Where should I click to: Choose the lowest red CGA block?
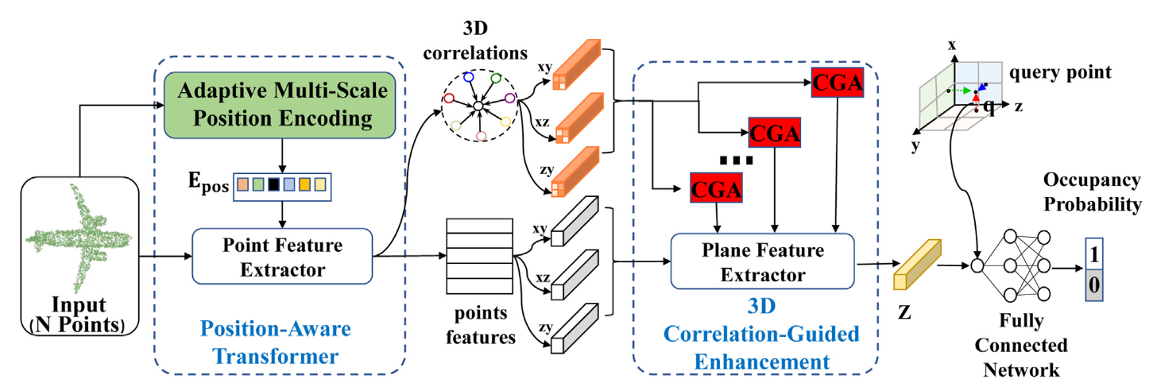point(717,188)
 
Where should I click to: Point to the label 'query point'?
point(1060,72)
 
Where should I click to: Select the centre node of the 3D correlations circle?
point(478,105)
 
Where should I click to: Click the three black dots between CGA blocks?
point(735,161)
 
